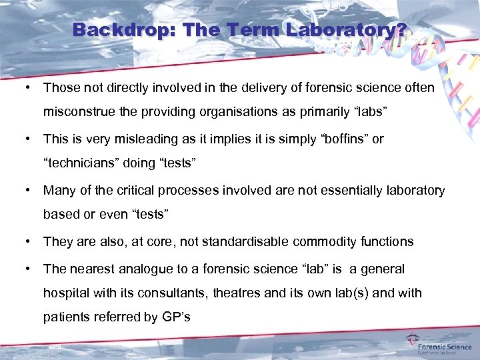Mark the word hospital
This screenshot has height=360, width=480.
point(68,293)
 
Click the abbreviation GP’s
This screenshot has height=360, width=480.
point(176,317)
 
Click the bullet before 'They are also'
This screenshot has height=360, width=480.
point(29,241)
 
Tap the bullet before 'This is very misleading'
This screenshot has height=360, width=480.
point(29,139)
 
